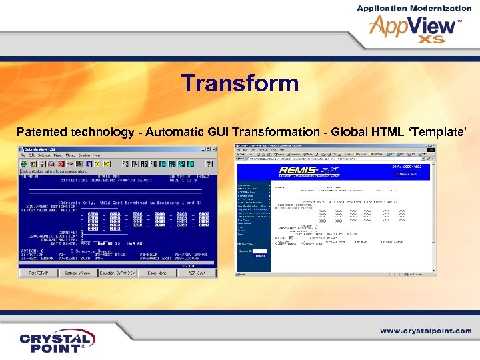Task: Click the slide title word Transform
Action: pos(240,85)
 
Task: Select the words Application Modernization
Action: pos(414,8)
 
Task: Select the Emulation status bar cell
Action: pos(117,274)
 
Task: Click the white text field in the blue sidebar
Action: pos(246,251)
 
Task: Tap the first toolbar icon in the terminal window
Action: pos(23,163)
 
